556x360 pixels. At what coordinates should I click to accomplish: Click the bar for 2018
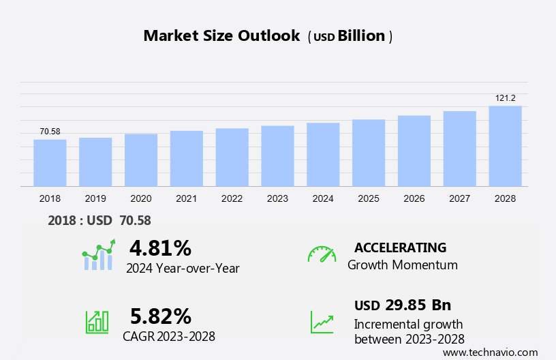click(50, 163)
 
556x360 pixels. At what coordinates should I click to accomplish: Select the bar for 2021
click(187, 158)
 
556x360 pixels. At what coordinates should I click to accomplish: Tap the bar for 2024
click(323, 154)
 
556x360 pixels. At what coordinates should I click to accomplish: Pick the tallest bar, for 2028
click(505, 146)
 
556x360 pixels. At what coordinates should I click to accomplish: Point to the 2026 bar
click(414, 151)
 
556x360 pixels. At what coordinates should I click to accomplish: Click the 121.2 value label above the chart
click(505, 98)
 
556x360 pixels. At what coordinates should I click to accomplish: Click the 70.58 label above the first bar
click(50, 132)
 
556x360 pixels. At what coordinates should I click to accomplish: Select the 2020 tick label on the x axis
click(141, 198)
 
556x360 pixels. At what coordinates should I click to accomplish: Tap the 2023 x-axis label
click(277, 198)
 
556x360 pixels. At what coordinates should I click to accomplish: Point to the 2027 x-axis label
click(459, 198)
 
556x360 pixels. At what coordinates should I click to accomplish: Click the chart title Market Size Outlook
click(221, 36)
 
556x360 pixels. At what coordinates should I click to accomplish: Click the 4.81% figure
click(160, 247)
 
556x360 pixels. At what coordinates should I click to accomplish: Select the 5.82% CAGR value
click(160, 316)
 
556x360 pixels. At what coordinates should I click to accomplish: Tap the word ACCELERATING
click(400, 247)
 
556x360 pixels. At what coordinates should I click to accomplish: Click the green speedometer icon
click(322, 254)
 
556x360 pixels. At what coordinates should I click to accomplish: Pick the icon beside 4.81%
click(99, 255)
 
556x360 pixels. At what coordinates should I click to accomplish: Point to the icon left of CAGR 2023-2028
click(97, 322)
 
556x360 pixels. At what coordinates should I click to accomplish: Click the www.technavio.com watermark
click(490, 352)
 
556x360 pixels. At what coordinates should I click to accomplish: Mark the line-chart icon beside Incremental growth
click(322, 322)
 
